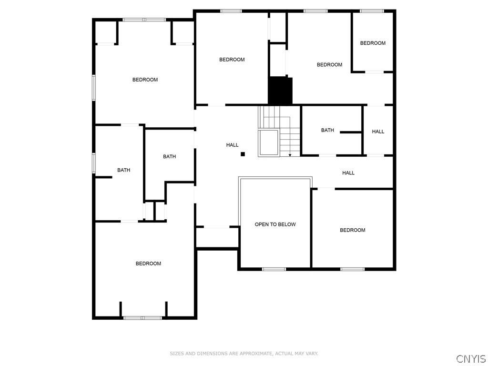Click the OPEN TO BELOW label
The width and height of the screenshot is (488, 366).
click(x=275, y=224)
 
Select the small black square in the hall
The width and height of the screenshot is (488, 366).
click(x=243, y=154)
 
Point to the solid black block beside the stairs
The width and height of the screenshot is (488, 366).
click(x=280, y=91)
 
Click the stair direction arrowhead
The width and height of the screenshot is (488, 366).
click(x=290, y=155)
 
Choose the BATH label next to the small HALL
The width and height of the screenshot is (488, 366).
click(x=327, y=130)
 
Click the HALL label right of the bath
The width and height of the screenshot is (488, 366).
click(x=378, y=132)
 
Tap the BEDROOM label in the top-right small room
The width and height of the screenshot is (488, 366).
click(x=373, y=43)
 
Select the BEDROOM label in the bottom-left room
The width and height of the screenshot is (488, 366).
click(x=148, y=264)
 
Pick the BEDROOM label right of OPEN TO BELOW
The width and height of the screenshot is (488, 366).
click(x=352, y=230)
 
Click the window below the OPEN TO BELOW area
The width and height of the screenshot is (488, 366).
click(x=274, y=269)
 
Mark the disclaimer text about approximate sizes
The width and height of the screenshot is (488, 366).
click(x=244, y=354)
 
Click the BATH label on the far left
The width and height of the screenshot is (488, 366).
click(x=124, y=170)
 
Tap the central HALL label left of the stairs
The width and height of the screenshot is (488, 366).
click(x=232, y=145)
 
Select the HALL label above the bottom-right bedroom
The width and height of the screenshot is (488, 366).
click(x=348, y=173)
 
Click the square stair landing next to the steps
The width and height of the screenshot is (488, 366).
click(x=268, y=143)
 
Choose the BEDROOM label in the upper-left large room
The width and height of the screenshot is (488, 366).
click(x=145, y=80)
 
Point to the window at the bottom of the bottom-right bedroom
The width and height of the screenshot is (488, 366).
click(x=352, y=269)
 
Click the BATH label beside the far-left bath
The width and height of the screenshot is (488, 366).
click(x=169, y=156)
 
